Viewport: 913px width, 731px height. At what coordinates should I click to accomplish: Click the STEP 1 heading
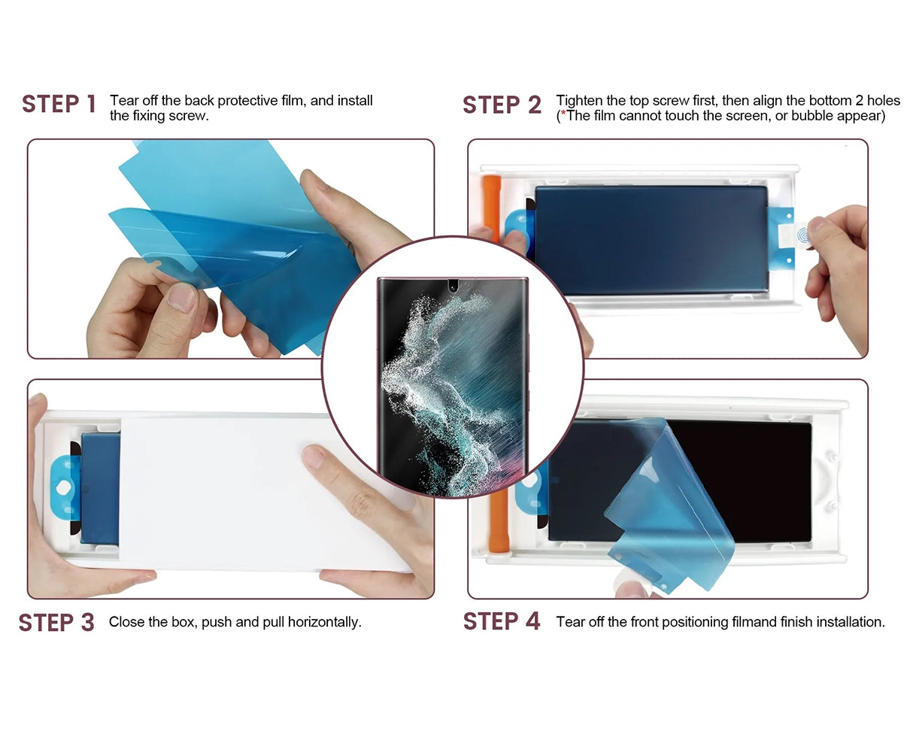pos(59,104)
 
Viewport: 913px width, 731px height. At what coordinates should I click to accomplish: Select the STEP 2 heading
pos(502,105)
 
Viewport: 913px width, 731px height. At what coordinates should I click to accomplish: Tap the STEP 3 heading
pos(56,623)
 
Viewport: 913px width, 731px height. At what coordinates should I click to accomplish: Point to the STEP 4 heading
pos(502,622)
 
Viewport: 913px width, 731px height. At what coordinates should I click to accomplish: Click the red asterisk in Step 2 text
pos(563,116)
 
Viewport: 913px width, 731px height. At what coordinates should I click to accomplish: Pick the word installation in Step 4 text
pos(850,622)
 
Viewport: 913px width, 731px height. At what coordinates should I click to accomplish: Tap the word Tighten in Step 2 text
pos(579,101)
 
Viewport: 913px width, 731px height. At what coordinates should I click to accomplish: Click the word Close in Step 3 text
pos(125,623)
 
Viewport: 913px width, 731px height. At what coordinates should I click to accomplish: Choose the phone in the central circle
pos(453,386)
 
